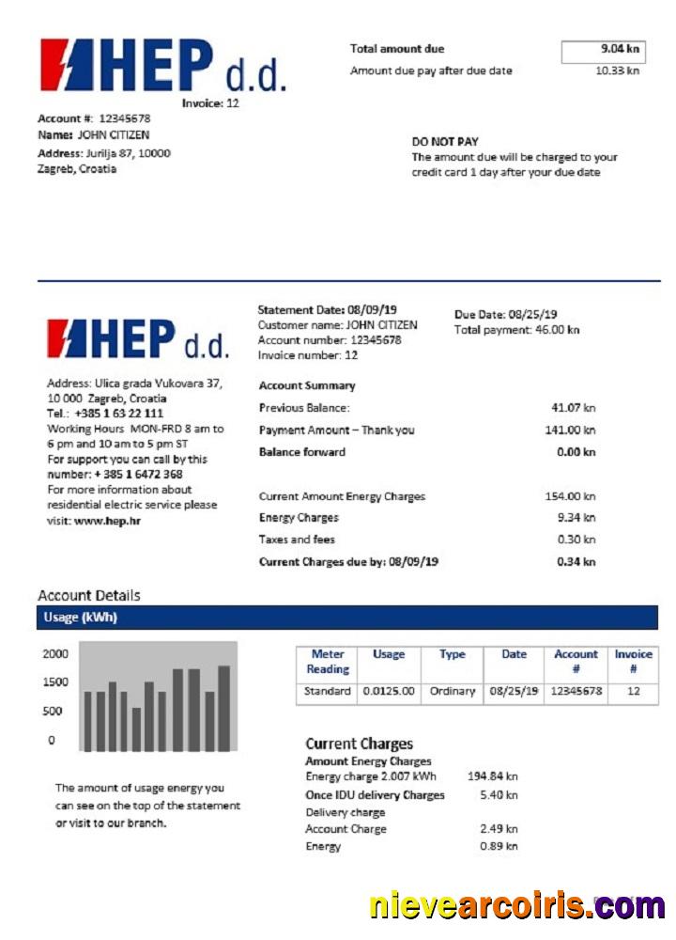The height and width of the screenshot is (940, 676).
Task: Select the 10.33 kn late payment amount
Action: pyautogui.click(x=618, y=70)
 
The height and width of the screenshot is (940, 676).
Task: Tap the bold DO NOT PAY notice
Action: pyautogui.click(x=445, y=142)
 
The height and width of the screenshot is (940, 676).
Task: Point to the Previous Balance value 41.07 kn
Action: pyautogui.click(x=573, y=408)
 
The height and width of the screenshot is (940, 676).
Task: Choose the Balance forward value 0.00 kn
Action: pyautogui.click(x=576, y=452)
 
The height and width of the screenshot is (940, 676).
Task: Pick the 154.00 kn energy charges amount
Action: pyautogui.click(x=570, y=496)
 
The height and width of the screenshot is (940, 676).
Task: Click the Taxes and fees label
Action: pyautogui.click(x=297, y=540)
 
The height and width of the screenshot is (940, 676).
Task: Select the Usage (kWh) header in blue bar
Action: pyautogui.click(x=80, y=618)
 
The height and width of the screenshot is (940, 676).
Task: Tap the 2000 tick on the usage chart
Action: pyautogui.click(x=55, y=654)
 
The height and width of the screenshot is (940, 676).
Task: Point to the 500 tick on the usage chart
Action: pyautogui.click(x=52, y=712)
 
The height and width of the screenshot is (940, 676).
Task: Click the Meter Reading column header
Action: pyautogui.click(x=328, y=662)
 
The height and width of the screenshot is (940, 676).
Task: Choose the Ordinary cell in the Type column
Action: pyautogui.click(x=453, y=691)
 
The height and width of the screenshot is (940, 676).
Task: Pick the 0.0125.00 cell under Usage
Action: pyautogui.click(x=389, y=691)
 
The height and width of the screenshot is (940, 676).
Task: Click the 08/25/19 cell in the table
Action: pyautogui.click(x=514, y=691)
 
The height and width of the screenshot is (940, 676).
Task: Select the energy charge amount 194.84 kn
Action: pyautogui.click(x=492, y=776)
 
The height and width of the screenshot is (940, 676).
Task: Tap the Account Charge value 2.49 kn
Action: pyautogui.click(x=498, y=829)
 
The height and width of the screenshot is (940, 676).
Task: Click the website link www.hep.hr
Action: pyautogui.click(x=107, y=520)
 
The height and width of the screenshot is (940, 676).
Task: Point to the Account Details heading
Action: pyautogui.click(x=89, y=595)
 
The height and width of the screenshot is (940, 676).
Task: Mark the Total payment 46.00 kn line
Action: pyautogui.click(x=516, y=330)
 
